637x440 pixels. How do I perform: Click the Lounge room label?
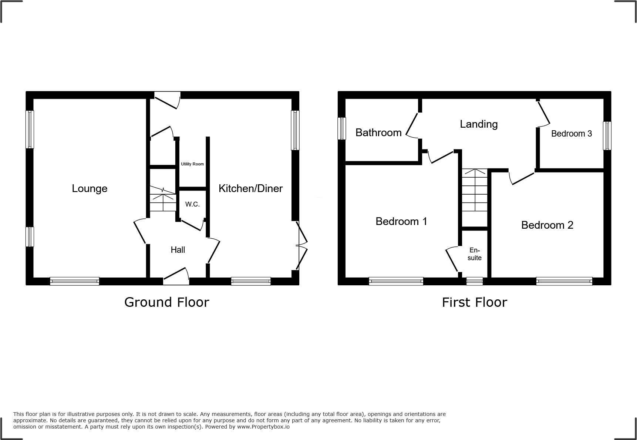pyautogui.click(x=90, y=188)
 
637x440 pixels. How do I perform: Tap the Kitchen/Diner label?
pyautogui.click(x=250, y=188)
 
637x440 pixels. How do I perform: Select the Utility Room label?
pyautogui.click(x=192, y=164)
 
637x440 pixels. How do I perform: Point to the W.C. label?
pyautogui.click(x=192, y=204)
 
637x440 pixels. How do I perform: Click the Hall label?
pyautogui.click(x=178, y=250)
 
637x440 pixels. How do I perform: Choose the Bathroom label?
pyautogui.click(x=378, y=132)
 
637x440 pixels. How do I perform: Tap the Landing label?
pyautogui.click(x=479, y=124)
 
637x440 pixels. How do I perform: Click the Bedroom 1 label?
pyautogui.click(x=401, y=221)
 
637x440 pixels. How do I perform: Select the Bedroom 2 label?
pyautogui.click(x=547, y=225)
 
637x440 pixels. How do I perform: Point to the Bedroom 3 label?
pyautogui.click(x=572, y=134)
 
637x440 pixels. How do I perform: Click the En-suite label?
pyautogui.click(x=474, y=254)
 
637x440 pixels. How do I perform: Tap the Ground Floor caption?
pyautogui.click(x=166, y=302)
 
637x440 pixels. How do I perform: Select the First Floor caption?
pyautogui.click(x=474, y=302)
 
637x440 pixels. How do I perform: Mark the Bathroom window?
pyautogui.click(x=342, y=128)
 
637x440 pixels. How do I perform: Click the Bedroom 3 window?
pyautogui.click(x=607, y=136)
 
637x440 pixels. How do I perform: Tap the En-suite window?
pyautogui.click(x=475, y=281)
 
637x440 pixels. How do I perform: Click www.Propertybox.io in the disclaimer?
pyautogui.click(x=263, y=427)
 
